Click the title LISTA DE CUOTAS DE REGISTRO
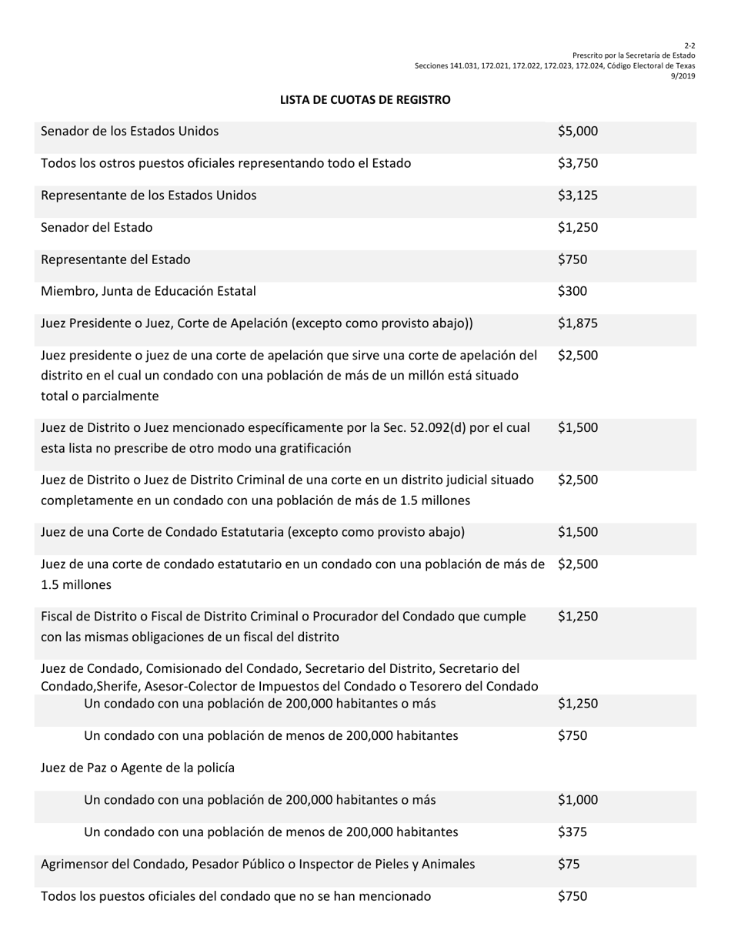[x=365, y=100]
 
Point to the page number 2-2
[x=689, y=46]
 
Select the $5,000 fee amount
[x=577, y=132]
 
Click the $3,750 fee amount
[x=577, y=163]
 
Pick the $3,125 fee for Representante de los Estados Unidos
[x=577, y=196]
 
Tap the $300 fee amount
[x=572, y=292]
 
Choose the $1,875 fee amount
[x=577, y=324]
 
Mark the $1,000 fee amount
[x=577, y=800]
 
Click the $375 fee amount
[x=572, y=832]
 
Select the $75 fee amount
[x=569, y=865]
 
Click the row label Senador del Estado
[x=96, y=228]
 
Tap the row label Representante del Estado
[x=115, y=259]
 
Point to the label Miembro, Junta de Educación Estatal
[x=148, y=292]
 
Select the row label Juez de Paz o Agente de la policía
[x=137, y=768]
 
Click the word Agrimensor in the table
[x=74, y=865]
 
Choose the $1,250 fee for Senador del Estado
[x=577, y=228]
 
